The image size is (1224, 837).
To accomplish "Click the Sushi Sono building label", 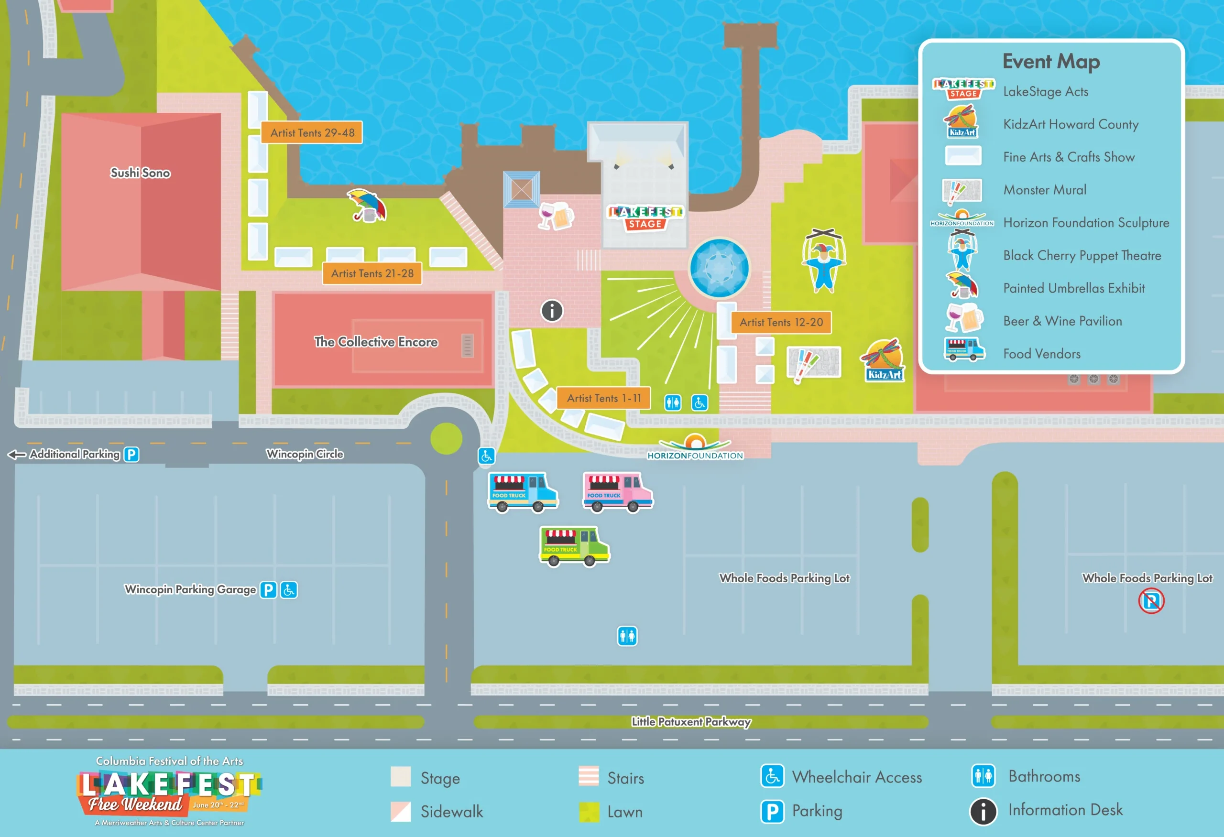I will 140,173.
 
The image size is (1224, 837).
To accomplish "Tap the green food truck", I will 574,546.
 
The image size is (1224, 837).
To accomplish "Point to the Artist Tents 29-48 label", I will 312,133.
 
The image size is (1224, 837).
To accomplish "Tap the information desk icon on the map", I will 552,311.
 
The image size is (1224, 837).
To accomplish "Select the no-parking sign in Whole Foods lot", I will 1151,601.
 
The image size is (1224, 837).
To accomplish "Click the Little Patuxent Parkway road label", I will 691,721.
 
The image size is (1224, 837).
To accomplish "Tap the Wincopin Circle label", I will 305,454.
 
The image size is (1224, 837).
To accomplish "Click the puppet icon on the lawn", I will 824,260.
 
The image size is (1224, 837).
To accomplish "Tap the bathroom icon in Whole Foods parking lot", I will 627,636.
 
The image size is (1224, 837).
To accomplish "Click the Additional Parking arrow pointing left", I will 17,454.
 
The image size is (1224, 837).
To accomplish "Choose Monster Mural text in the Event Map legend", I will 1044,190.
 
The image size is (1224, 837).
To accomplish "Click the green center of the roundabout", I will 446,438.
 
